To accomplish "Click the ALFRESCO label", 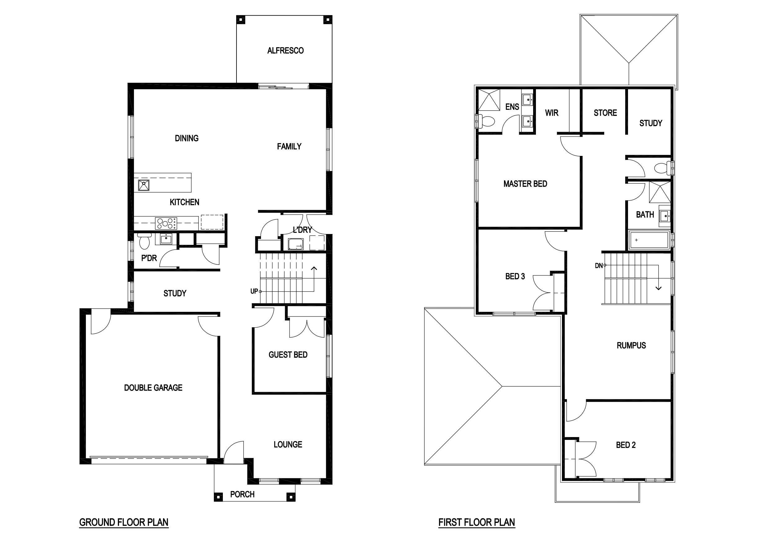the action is [285, 51].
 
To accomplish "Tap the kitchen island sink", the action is [144, 185].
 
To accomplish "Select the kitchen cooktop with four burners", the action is [166, 223].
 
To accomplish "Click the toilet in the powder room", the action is [144, 241].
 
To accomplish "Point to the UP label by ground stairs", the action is [254, 291].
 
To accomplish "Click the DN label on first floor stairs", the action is [599, 266].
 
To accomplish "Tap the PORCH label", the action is [242, 494].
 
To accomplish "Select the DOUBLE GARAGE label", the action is [153, 387].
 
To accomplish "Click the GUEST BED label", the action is [288, 355].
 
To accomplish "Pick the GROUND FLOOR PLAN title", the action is [124, 522].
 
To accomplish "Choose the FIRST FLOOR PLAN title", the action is [477, 522].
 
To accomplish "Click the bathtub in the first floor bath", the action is [649, 240].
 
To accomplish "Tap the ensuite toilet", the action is [486, 121].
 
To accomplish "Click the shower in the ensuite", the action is [489, 100].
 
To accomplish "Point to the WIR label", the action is [552, 113].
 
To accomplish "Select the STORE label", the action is [605, 113].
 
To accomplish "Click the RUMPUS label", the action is [631, 345].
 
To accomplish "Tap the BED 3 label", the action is [515, 276].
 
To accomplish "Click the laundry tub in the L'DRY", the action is [296, 244].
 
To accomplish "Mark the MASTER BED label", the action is [525, 184].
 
